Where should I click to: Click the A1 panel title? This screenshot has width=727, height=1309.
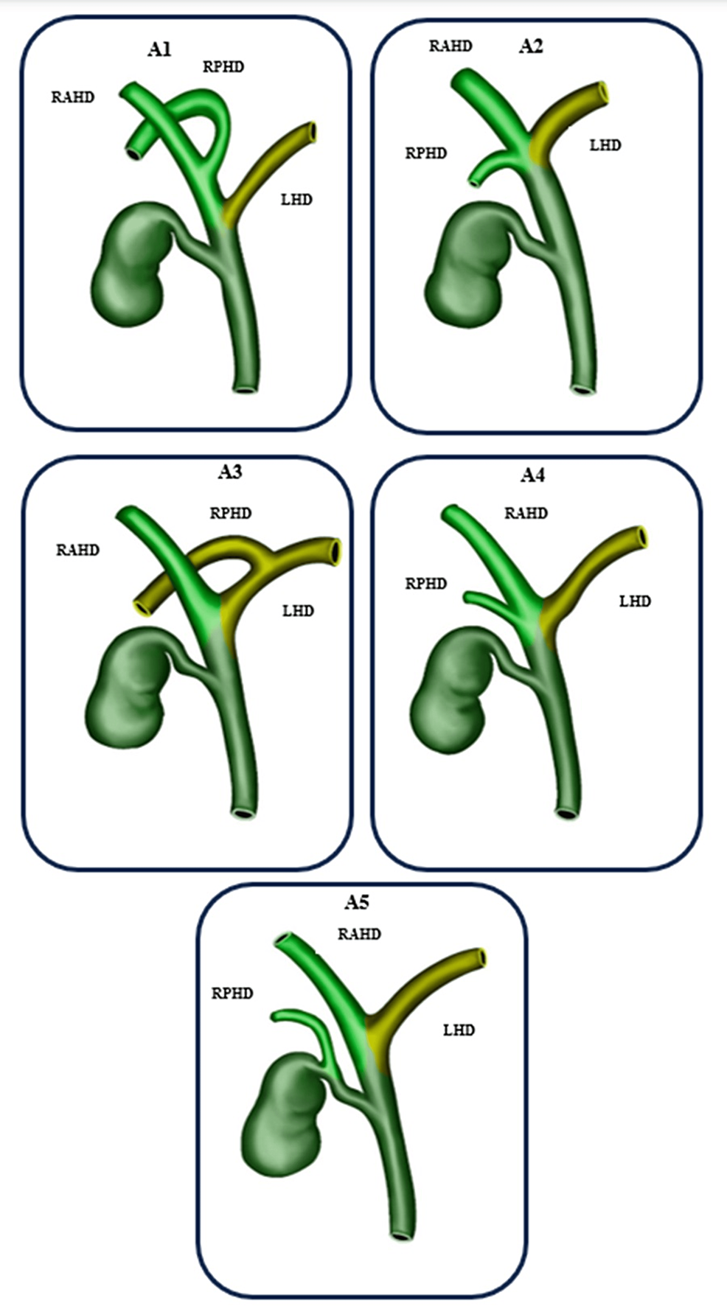click(x=159, y=49)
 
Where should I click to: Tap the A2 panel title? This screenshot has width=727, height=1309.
click(x=531, y=46)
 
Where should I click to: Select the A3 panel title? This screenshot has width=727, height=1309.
click(x=229, y=472)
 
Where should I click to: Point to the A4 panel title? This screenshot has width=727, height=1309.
click(x=532, y=475)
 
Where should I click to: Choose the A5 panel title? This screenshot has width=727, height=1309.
click(x=357, y=902)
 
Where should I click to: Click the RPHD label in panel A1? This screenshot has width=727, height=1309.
click(x=223, y=67)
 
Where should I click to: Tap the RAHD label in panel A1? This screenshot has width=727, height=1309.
click(x=72, y=97)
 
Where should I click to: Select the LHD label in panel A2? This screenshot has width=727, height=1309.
click(x=605, y=145)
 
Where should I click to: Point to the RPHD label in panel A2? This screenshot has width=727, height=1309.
click(x=426, y=153)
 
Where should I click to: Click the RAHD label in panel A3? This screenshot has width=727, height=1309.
click(x=77, y=550)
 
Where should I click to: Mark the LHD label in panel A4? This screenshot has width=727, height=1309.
click(x=635, y=601)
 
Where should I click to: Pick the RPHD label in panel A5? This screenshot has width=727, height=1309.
click(x=232, y=994)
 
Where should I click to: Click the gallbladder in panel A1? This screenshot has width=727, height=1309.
click(x=130, y=265)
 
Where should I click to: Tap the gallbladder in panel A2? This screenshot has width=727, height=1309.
click(x=468, y=265)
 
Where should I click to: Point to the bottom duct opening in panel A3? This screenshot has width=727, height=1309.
click(x=242, y=814)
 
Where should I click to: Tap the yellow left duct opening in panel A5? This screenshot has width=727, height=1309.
click(x=482, y=957)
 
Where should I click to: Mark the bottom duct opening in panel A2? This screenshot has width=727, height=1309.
click(x=582, y=388)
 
